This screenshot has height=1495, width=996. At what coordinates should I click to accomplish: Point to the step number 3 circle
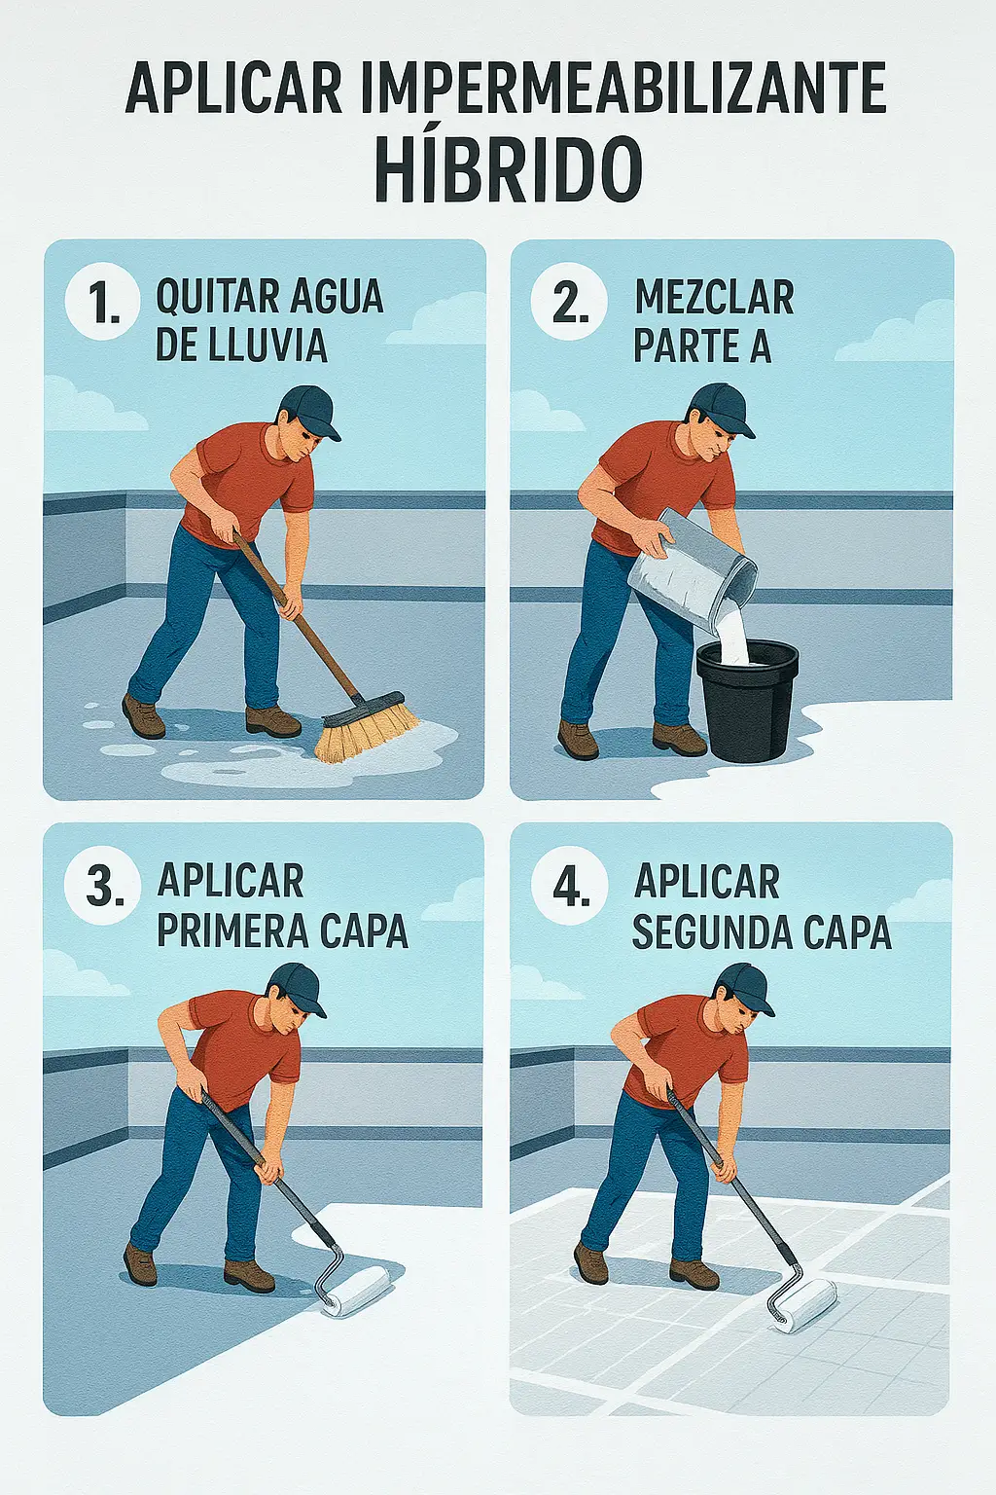pos(103,888)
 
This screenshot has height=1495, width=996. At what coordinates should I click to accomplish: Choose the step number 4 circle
pos(569,888)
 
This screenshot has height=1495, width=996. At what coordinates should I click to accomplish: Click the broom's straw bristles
pos(367,731)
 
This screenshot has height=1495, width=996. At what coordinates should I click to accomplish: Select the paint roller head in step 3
pos(357,1292)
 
